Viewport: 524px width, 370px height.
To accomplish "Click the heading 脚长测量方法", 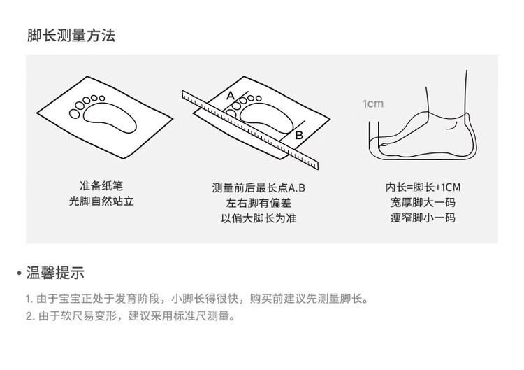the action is tap(71, 36).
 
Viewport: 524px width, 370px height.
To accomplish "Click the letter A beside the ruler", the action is tap(231, 96).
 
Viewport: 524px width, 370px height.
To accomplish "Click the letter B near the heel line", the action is tap(299, 135).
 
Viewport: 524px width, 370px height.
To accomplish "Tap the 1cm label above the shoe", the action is tap(373, 104).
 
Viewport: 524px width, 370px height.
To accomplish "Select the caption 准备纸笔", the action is tap(101, 185).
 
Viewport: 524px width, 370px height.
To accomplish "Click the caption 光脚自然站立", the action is tap(101, 201).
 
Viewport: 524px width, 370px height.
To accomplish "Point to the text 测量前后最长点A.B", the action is tap(259, 187).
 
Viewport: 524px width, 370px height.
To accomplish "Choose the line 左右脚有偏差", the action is tap(259, 203).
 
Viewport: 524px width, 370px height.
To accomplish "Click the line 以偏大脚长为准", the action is tap(259, 218).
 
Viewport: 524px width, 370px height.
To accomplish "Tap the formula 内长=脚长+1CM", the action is tap(423, 187).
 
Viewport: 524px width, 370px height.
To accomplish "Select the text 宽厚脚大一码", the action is tap(423, 202).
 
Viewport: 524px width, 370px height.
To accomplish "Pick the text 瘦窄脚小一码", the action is tap(423, 218).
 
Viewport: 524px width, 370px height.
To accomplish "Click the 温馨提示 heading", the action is tap(55, 273).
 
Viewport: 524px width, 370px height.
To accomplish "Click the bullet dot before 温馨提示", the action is tap(19, 273).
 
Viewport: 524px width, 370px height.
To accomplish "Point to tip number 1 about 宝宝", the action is tap(197, 299).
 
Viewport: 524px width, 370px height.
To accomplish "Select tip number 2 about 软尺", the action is tap(131, 316).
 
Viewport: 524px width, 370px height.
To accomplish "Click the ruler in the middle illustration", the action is tap(250, 130).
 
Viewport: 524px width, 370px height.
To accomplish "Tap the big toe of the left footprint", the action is tap(75, 114).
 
